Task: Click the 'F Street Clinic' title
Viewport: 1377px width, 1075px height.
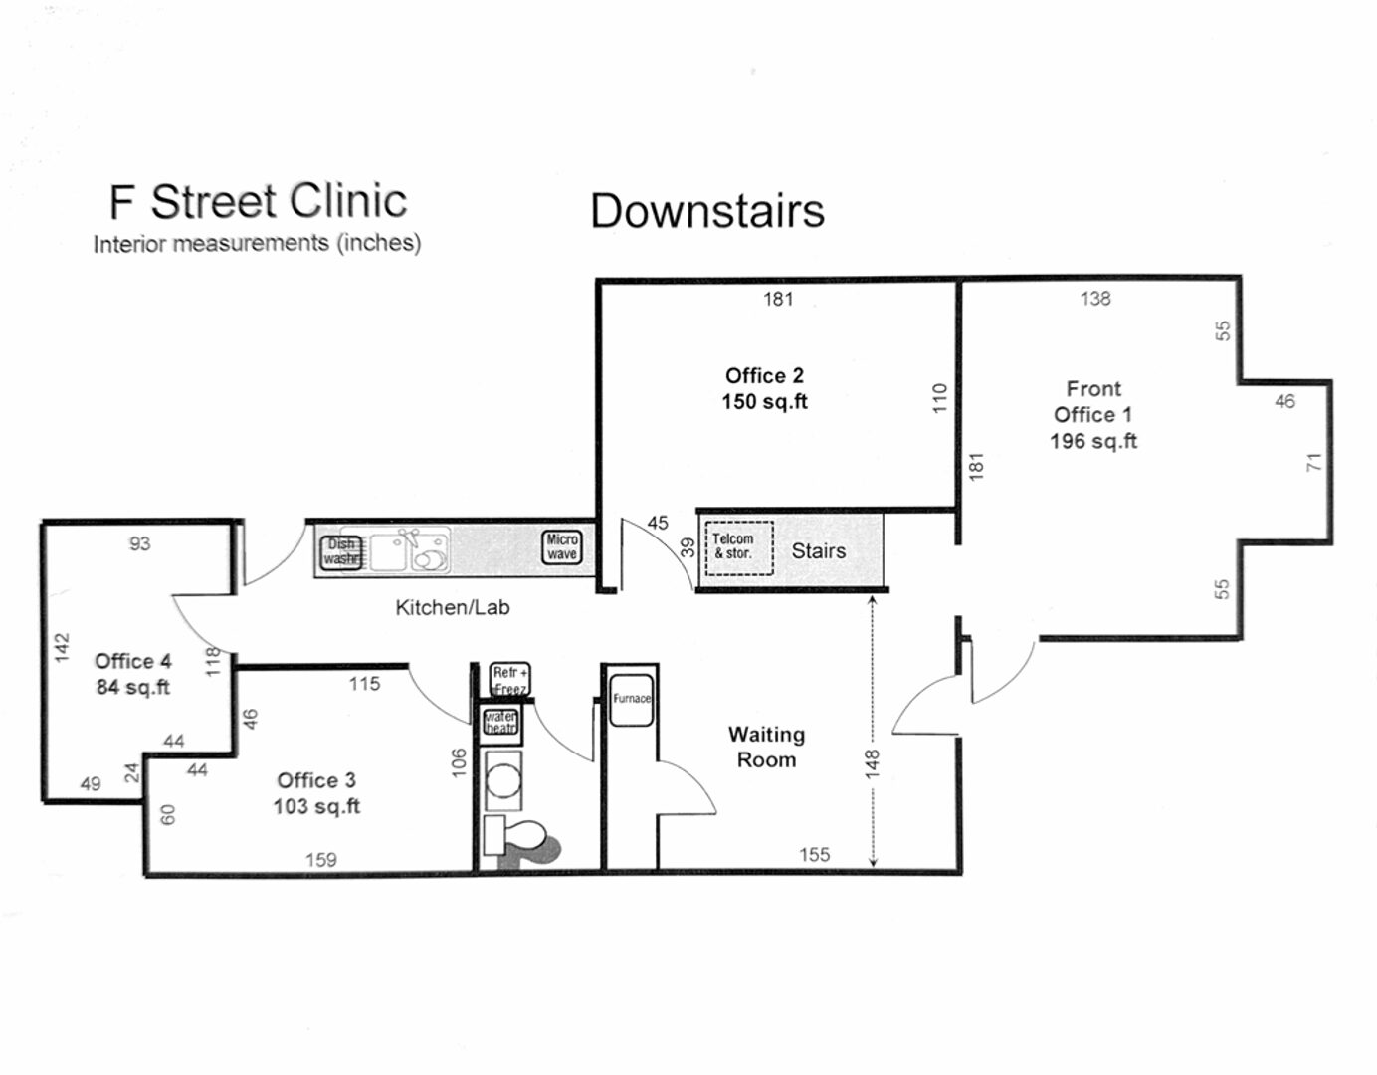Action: [258, 202]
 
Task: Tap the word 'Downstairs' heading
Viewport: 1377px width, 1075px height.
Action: [707, 211]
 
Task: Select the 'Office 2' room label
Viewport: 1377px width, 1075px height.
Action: [764, 376]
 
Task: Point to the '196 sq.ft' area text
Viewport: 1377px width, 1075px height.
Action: [1092, 441]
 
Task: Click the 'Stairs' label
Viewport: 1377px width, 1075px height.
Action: [818, 551]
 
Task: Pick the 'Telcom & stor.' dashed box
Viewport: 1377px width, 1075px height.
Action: [738, 547]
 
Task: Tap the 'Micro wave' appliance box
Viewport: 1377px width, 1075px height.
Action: [562, 547]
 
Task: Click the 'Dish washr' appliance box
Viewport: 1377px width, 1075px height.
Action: [340, 552]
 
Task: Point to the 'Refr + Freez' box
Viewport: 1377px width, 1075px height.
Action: [510, 680]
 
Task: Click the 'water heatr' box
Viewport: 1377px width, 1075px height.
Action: [500, 722]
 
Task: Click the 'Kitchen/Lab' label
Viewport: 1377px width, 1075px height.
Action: [452, 607]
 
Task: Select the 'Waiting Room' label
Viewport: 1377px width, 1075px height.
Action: [766, 747]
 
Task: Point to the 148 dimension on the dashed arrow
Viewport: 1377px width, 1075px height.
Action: [873, 763]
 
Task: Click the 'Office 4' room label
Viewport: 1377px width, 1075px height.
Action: [132, 661]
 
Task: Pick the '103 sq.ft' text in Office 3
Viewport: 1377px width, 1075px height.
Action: [316, 806]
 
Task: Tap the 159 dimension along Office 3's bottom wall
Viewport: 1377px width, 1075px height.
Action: [320, 859]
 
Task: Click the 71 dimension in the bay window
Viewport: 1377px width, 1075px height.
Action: [1314, 462]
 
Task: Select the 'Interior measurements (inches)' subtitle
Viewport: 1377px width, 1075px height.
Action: [257, 244]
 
